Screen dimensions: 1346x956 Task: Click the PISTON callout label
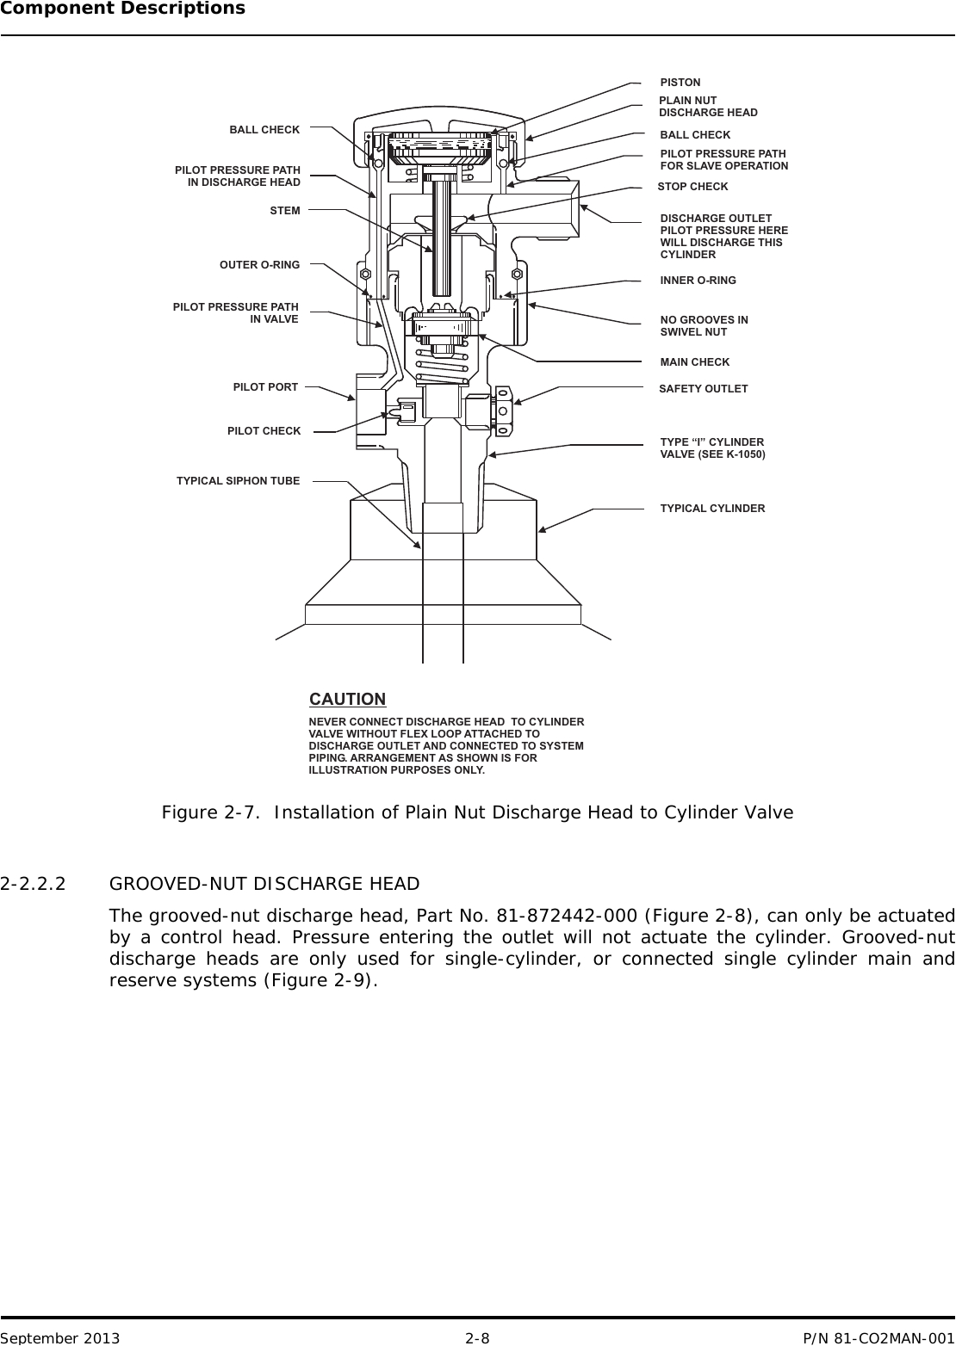click(x=680, y=83)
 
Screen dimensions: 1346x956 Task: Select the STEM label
click(x=285, y=211)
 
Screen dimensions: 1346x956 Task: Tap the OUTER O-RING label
click(x=259, y=265)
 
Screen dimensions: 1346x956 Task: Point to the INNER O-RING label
click(x=698, y=281)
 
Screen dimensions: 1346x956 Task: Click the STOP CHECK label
click(x=692, y=187)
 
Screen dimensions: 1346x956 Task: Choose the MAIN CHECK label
click(x=694, y=362)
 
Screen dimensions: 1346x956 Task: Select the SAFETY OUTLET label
click(x=703, y=389)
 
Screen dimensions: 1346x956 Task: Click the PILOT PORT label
click(x=265, y=387)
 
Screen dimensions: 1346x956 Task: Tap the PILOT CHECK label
click(x=264, y=431)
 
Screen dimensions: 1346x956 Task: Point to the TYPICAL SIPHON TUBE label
click(x=238, y=481)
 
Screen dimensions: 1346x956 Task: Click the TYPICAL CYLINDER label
click(x=712, y=509)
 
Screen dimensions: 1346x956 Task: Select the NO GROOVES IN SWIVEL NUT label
click(x=704, y=326)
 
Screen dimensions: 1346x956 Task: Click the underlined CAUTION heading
click(x=347, y=699)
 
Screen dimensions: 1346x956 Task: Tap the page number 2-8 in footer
click(x=477, y=1338)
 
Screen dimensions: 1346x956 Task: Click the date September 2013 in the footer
click(x=60, y=1338)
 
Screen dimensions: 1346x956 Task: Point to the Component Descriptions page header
click(x=122, y=9)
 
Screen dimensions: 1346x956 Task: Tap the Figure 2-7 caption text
click(x=477, y=813)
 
